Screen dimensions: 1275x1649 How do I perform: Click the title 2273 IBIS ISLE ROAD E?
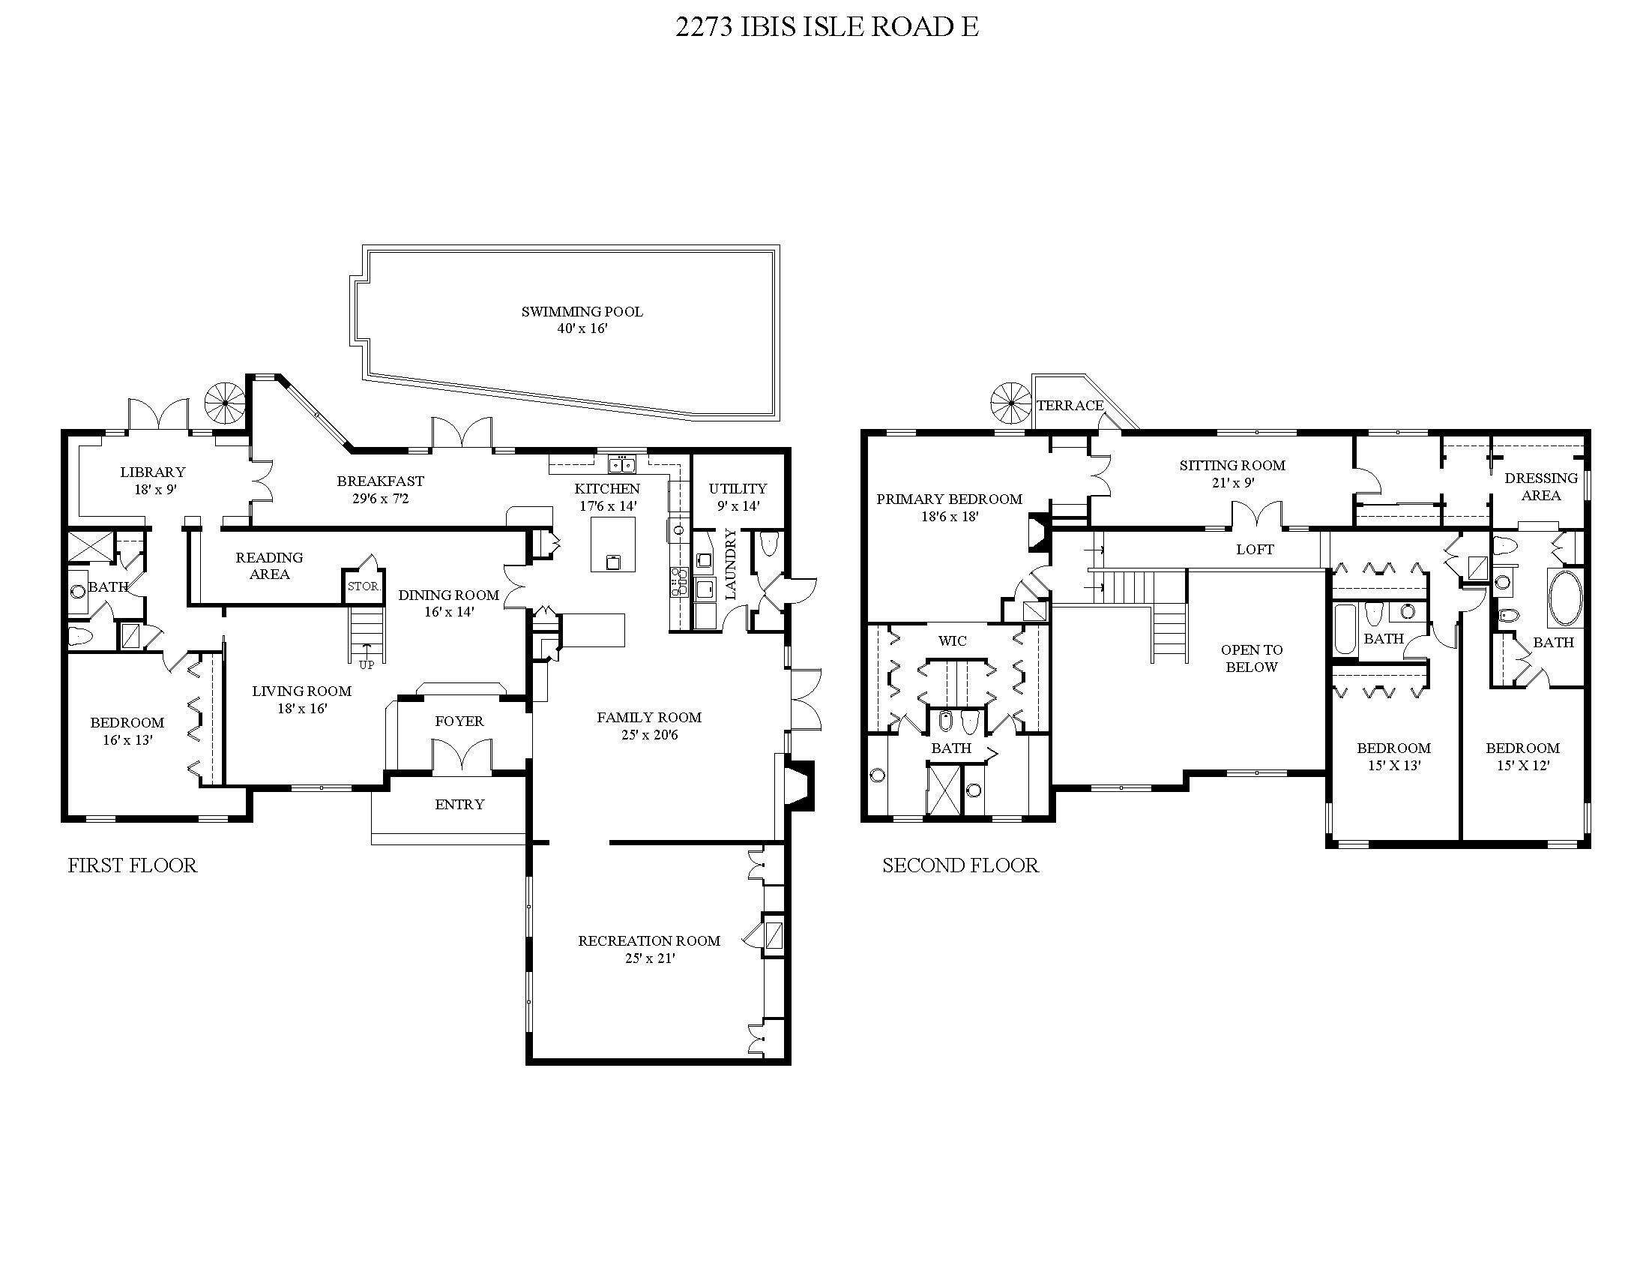pyautogui.click(x=827, y=27)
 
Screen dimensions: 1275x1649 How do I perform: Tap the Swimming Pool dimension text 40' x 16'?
pyautogui.click(x=582, y=328)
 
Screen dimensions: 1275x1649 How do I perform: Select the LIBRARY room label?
pyautogui.click(x=152, y=472)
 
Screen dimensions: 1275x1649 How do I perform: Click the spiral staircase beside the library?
pyautogui.click(x=226, y=403)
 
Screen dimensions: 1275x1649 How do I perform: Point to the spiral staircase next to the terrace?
pyautogui.click(x=1012, y=403)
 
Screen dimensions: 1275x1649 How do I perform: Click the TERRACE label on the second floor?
pyautogui.click(x=1070, y=406)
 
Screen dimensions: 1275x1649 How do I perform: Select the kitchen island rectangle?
pyautogui.click(x=612, y=544)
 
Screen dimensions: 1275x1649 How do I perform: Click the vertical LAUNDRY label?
pyautogui.click(x=730, y=564)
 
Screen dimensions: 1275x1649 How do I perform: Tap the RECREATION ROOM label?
pyautogui.click(x=649, y=940)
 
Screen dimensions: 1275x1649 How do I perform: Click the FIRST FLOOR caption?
pyautogui.click(x=132, y=865)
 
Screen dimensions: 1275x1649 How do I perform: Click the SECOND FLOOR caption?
pyautogui.click(x=960, y=865)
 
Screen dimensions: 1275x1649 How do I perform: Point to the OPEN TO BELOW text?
pyautogui.click(x=1251, y=658)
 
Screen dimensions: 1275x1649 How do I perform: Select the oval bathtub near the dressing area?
pyautogui.click(x=1566, y=598)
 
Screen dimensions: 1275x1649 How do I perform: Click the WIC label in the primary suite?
pyautogui.click(x=952, y=640)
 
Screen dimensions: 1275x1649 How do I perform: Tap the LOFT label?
pyautogui.click(x=1255, y=550)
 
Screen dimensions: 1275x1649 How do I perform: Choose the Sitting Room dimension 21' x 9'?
pyautogui.click(x=1232, y=483)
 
